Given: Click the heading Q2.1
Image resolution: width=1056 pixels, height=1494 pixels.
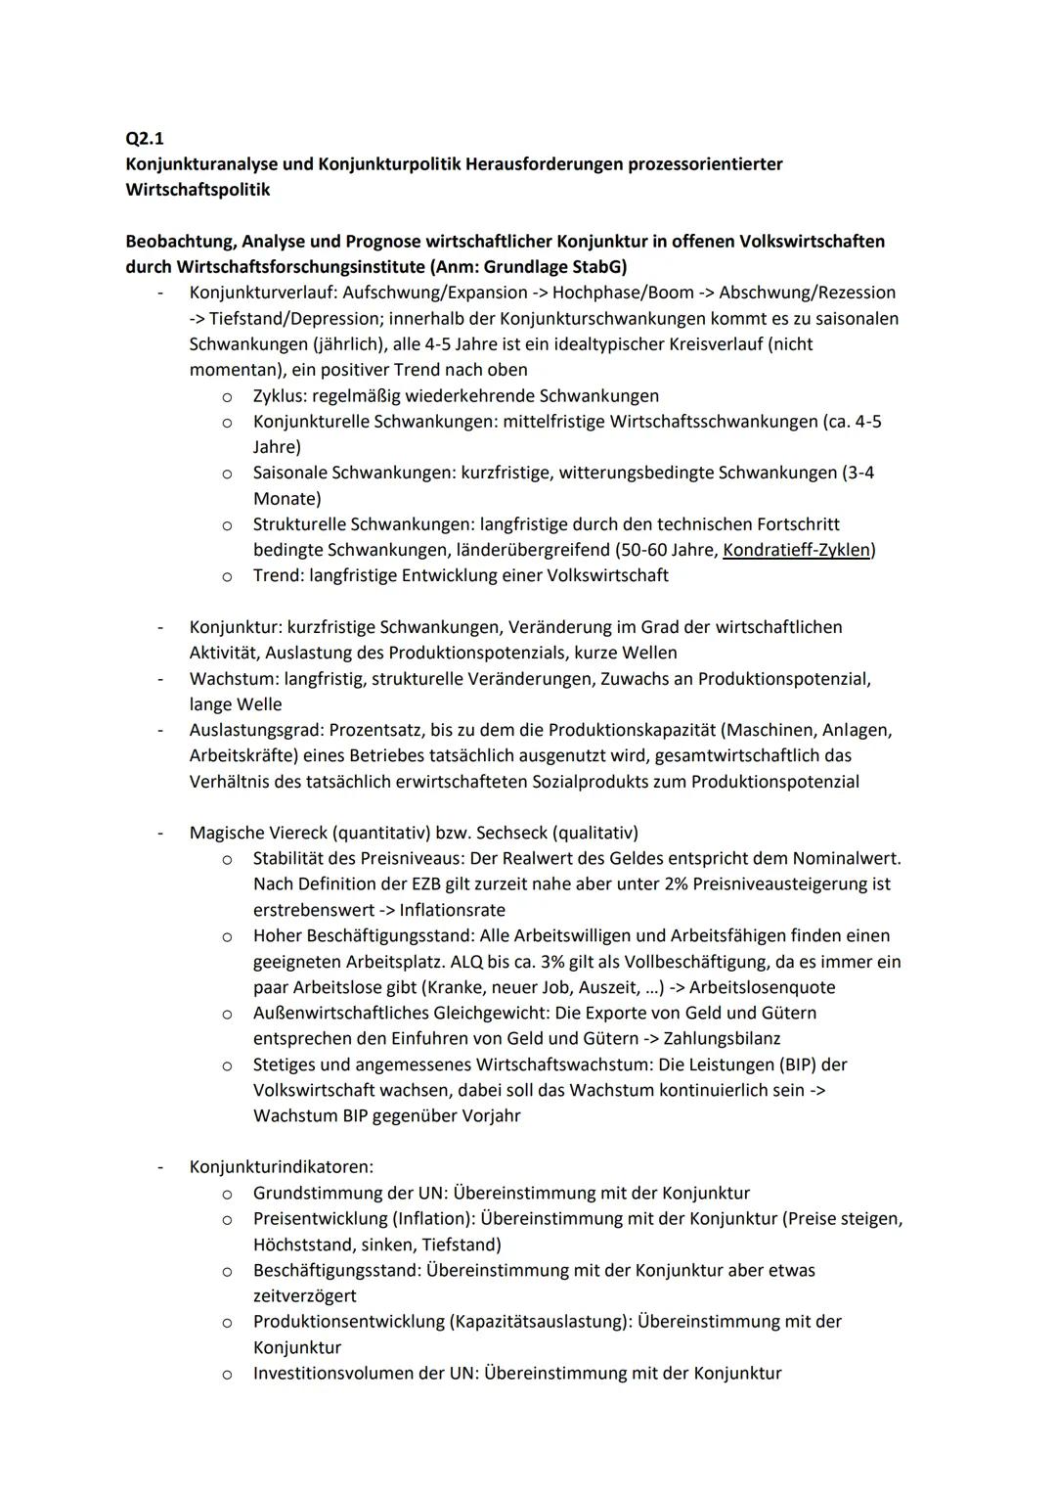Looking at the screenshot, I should tap(145, 138).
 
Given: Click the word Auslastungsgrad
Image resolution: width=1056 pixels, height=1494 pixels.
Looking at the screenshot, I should tap(253, 730).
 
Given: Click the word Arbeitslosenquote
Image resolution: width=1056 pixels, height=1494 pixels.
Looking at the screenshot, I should tap(762, 987).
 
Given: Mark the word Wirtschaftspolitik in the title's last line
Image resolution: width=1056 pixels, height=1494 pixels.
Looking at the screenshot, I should tap(198, 190).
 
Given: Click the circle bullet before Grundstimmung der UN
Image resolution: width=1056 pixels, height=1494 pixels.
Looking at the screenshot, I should tap(226, 1194).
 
